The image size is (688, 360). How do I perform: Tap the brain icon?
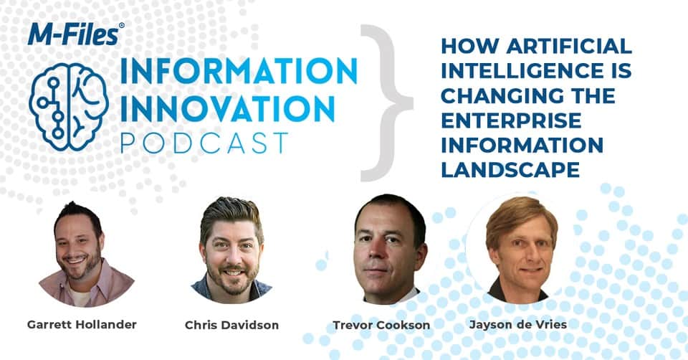tap(69, 107)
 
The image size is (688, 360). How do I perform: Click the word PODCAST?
tap(204, 143)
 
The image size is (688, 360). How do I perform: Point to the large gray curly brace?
tap(386, 103)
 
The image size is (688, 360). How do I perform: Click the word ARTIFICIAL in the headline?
tap(569, 46)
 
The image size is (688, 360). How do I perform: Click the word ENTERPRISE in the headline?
tap(511, 120)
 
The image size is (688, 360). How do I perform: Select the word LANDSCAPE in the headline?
tap(510, 169)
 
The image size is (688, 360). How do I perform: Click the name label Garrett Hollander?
tap(82, 324)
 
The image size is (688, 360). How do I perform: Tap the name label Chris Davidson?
tap(231, 325)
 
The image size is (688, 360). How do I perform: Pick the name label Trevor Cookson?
tap(381, 325)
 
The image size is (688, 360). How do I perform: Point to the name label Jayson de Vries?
tap(518, 324)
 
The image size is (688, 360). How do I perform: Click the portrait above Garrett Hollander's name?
tap(86, 254)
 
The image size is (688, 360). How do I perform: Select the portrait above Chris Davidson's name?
tap(231, 250)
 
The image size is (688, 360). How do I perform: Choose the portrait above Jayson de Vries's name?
tap(521, 250)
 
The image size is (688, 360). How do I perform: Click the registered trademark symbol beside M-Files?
tap(122, 26)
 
